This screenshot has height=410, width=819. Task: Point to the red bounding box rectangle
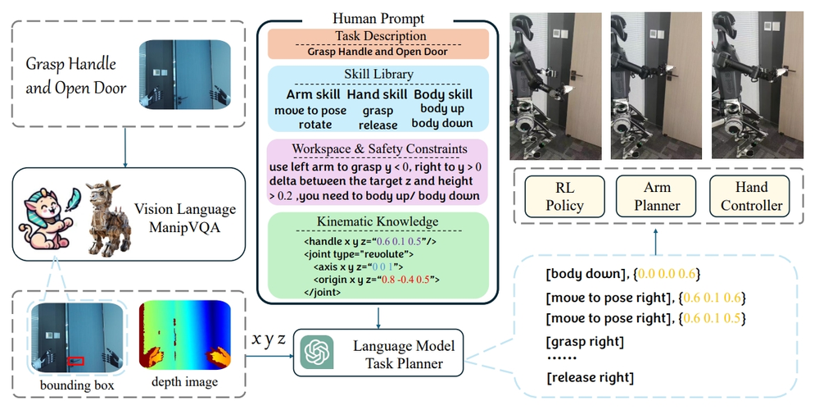75,359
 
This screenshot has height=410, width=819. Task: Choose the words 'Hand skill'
377,94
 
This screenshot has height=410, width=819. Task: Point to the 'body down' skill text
442,123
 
